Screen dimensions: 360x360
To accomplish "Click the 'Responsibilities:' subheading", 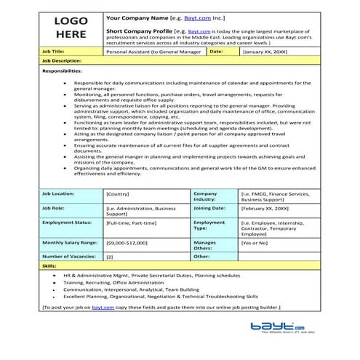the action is [x=63, y=72].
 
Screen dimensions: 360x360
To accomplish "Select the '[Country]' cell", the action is [x=119, y=194].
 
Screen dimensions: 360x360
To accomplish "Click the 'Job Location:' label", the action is [x=59, y=194].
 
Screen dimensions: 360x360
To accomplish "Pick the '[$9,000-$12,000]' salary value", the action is [x=127, y=242].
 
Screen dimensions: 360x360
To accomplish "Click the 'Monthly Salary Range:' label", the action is [x=68, y=242].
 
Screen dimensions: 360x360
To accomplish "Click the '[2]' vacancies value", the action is [x=110, y=257].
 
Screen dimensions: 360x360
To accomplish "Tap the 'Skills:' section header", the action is [x=50, y=267].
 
